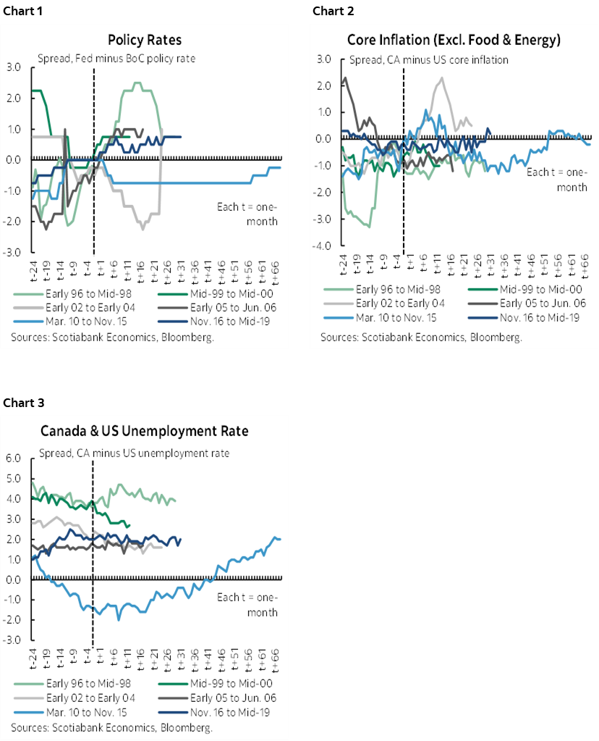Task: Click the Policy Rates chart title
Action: click(144, 40)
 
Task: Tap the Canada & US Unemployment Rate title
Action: click(144, 431)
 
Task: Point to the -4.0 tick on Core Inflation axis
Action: click(323, 246)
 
